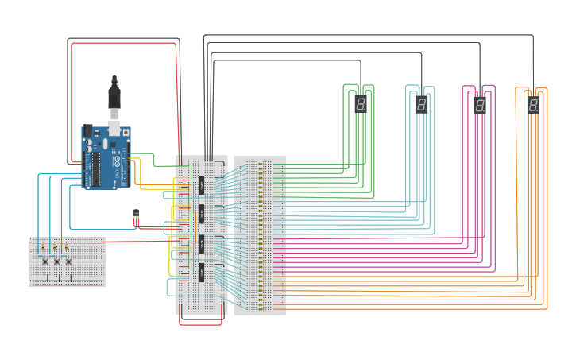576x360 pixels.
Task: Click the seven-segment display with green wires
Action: click(361, 104)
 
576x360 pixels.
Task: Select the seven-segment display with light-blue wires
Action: click(421, 104)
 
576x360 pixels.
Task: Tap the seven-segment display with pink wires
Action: click(480, 105)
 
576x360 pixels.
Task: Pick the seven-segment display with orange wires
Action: click(533, 105)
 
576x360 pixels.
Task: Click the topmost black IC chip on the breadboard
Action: click(202, 185)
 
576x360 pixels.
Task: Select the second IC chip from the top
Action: click(202, 213)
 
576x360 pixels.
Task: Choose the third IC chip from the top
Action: click(202, 243)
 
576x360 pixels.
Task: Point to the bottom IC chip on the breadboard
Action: click(202, 273)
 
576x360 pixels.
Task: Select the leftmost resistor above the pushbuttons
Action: click(42, 248)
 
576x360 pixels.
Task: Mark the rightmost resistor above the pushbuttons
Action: click(67, 248)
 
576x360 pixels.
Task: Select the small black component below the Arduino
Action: click(136, 216)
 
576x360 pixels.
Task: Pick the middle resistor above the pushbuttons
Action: click(54, 248)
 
